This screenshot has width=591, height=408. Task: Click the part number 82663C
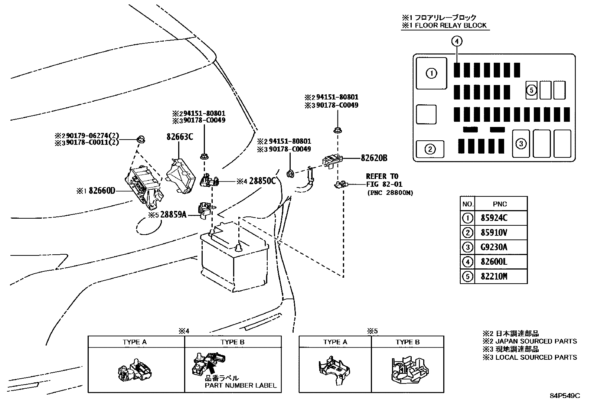180,137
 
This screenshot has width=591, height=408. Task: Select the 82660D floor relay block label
102,190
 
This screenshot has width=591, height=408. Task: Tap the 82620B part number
374,158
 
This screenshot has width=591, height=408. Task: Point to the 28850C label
262,181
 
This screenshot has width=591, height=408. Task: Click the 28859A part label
173,215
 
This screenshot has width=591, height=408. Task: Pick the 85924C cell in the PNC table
494,218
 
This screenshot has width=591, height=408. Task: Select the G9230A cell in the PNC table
494,247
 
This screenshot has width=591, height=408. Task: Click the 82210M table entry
494,277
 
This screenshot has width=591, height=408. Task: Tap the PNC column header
500,204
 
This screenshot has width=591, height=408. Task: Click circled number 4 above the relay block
457,41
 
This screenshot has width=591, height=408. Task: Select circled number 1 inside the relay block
431,74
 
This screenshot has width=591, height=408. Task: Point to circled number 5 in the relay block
531,90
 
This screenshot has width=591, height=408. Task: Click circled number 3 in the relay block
521,144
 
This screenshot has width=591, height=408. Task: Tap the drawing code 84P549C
565,396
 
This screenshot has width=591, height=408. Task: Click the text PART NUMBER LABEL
241,386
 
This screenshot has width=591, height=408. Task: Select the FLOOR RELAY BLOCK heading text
451,25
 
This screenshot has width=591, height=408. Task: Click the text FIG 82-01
384,184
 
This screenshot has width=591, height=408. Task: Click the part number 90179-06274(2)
92,136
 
